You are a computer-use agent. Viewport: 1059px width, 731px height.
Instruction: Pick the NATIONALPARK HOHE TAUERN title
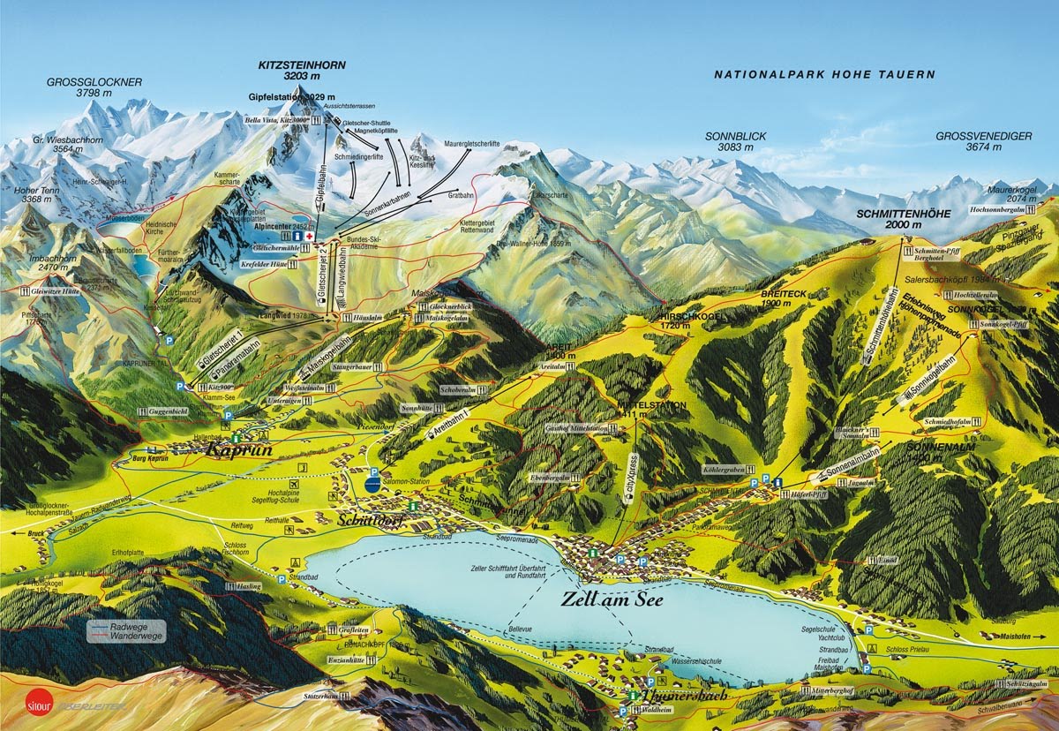(824, 75)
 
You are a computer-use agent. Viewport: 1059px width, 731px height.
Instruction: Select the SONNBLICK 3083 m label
(735, 142)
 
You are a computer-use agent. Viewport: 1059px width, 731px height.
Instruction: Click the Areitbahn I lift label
(450, 424)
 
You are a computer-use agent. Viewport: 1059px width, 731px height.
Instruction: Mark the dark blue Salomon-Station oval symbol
(373, 483)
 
